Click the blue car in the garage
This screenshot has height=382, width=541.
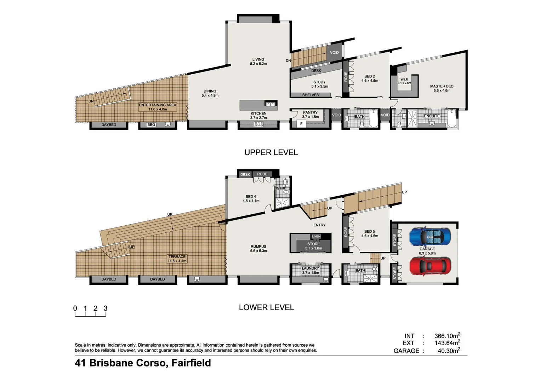pyautogui.click(x=430, y=236)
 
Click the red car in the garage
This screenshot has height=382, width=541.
pyautogui.click(x=430, y=266)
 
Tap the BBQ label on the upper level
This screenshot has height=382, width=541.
pyautogui.click(x=151, y=125)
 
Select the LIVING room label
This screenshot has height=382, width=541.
pyautogui.click(x=258, y=60)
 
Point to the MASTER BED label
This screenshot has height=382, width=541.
pyautogui.click(x=442, y=86)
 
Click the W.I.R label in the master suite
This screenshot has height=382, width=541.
pyautogui.click(x=404, y=80)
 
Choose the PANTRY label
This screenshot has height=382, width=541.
pyautogui.click(x=310, y=112)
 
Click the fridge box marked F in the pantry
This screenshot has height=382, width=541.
pyautogui.click(x=301, y=124)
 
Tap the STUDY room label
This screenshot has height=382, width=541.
pyautogui.click(x=319, y=82)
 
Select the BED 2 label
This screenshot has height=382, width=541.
pyautogui.click(x=369, y=76)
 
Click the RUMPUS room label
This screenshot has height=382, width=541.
pyautogui.click(x=258, y=247)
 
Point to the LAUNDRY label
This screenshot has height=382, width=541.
pyautogui.click(x=310, y=268)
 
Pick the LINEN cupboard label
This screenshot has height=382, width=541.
pyautogui.click(x=316, y=236)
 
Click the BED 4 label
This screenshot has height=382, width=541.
pyautogui.click(x=251, y=197)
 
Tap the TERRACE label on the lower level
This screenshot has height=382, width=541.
pyautogui.click(x=177, y=257)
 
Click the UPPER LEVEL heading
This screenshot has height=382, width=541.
pyautogui.click(x=271, y=152)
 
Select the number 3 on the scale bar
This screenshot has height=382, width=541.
pyautogui.click(x=106, y=308)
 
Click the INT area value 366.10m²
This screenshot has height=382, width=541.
pyautogui.click(x=447, y=336)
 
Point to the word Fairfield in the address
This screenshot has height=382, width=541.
pyautogui.click(x=191, y=363)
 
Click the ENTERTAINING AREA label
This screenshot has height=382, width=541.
pyautogui.click(x=157, y=105)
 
